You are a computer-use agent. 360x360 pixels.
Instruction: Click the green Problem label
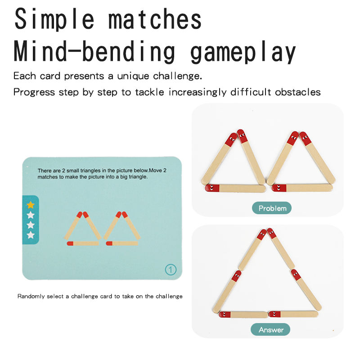coord(272,208)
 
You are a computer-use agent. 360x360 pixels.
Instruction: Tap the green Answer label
coord(270,329)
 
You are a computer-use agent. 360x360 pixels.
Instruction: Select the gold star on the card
coord(31,205)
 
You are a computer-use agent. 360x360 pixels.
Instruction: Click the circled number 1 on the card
coord(171,270)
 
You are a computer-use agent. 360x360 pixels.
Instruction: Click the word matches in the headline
coord(155,19)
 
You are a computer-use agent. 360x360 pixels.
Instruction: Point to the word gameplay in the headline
coord(243,52)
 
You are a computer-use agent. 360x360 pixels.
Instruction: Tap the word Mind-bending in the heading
coord(94,51)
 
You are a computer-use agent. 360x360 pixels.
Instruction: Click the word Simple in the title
coord(54,19)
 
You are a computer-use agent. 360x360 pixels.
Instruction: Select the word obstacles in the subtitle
coord(298,92)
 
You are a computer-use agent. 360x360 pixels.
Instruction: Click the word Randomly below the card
coord(31,297)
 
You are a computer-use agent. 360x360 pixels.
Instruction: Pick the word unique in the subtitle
coord(133,76)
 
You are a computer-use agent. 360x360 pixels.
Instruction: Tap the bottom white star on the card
coord(31,235)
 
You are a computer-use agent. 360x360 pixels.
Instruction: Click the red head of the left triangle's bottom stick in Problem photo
coord(212,188)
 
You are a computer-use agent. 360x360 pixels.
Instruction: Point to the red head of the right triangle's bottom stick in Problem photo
coord(279,188)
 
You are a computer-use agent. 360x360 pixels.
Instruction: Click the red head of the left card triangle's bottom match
coord(70,243)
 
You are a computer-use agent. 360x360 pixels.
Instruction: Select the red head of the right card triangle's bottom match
coord(109,243)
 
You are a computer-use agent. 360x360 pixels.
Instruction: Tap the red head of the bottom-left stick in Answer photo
coord(225,314)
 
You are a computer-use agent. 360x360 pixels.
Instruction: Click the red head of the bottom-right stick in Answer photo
coord(274,314)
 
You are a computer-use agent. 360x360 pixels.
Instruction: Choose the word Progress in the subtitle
coord(34,92)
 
